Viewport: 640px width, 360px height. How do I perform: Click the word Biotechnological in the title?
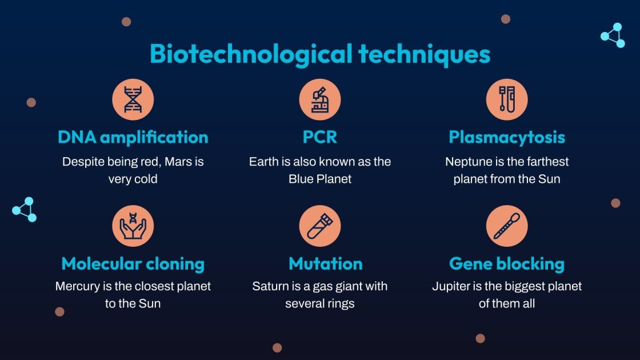(251, 54)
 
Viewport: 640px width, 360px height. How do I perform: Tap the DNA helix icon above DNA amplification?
(133, 99)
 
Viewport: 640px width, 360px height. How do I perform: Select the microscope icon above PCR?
(320, 99)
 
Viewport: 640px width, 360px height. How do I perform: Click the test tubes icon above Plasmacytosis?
(507, 99)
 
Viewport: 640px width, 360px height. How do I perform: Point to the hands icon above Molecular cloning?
(133, 226)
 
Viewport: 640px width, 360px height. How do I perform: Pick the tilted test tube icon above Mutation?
(320, 226)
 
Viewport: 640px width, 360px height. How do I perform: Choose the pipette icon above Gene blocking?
(507, 226)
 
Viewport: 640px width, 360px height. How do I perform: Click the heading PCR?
(320, 138)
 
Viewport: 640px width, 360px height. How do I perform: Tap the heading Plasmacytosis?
(507, 138)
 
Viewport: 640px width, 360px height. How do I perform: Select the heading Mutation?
(326, 264)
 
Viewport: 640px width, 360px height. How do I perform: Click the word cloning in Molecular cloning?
(174, 264)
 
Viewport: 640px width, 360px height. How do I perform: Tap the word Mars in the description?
(178, 162)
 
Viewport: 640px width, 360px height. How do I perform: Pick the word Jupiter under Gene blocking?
(452, 286)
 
